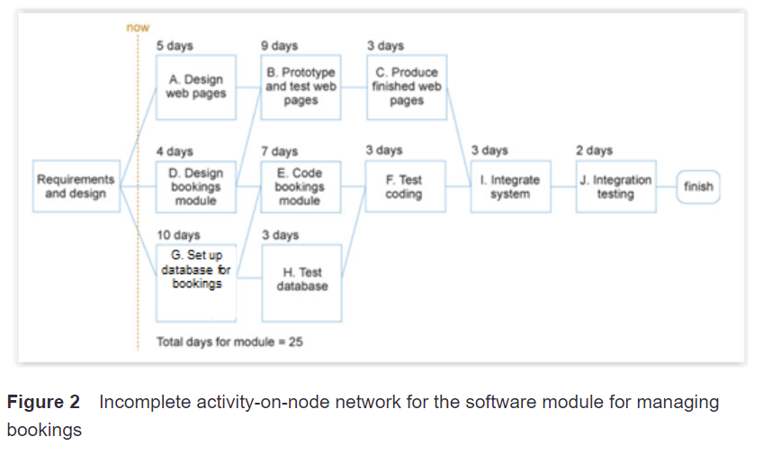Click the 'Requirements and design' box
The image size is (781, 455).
tap(76, 187)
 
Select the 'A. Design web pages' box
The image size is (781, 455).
tap(196, 86)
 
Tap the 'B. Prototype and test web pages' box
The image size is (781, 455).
tap(301, 86)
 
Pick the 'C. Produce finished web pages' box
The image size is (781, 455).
tap(407, 86)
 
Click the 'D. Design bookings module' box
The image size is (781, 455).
tap(196, 187)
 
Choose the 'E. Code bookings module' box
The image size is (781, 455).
tap(301, 187)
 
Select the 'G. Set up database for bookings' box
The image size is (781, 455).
tap(196, 281)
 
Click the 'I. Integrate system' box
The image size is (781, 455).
tap(510, 187)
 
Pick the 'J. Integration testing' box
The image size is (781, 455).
tap(616, 187)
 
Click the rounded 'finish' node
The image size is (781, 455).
tap(698, 187)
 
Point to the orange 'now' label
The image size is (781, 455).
tap(138, 28)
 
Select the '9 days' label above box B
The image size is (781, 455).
tap(279, 45)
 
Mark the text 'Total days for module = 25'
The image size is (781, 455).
tap(229, 342)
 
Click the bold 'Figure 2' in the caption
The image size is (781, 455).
tap(43, 402)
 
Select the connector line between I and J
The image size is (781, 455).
tap(564, 187)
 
